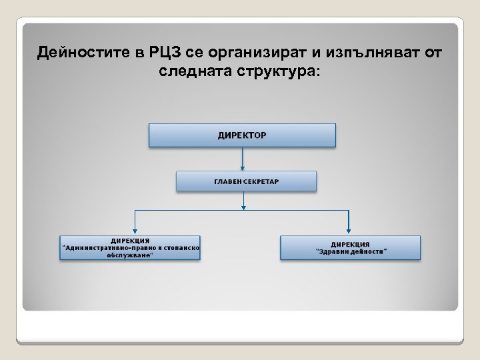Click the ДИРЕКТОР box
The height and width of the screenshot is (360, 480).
click(x=242, y=135)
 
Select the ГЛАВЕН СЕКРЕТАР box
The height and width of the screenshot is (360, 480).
click(x=246, y=181)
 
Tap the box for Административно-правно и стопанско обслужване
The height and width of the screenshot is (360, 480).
click(x=130, y=247)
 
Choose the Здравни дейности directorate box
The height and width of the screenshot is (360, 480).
click(x=350, y=247)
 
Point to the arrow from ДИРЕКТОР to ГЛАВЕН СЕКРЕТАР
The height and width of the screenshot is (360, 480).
click(x=243, y=159)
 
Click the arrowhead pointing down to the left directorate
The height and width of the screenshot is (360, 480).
click(x=136, y=230)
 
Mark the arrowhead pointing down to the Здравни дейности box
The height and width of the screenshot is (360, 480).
click(x=349, y=230)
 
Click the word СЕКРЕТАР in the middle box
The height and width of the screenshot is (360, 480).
click(x=261, y=181)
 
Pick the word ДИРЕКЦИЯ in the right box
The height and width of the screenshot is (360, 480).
click(x=350, y=244)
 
